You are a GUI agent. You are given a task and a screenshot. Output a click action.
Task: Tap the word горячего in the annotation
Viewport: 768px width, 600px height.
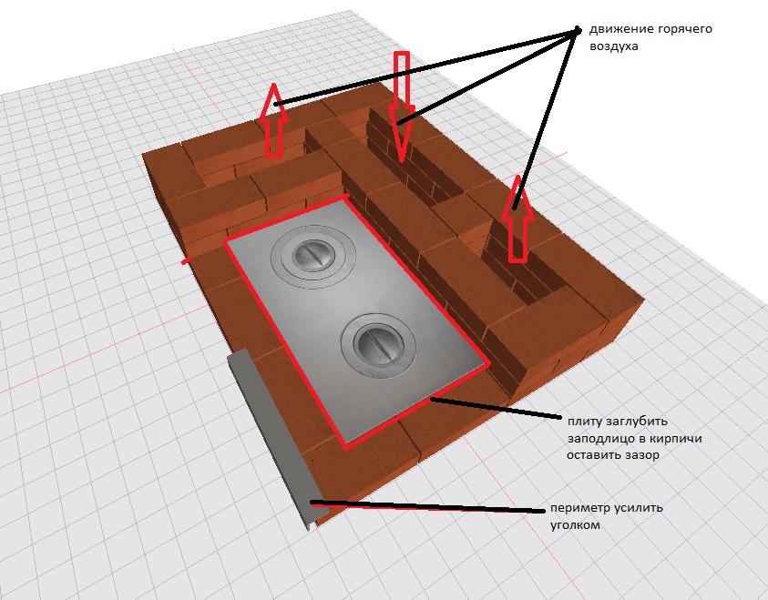tap(685, 30)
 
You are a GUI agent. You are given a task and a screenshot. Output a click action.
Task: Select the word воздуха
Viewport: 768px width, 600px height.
tap(614, 46)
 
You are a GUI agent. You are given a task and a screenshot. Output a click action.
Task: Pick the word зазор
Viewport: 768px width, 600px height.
tap(642, 455)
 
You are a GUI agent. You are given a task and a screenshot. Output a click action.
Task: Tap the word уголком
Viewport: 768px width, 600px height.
tap(575, 525)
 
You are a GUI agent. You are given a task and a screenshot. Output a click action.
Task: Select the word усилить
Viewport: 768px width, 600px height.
tap(638, 508)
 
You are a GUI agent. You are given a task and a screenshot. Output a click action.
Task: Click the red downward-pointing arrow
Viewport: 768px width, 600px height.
tap(401, 107)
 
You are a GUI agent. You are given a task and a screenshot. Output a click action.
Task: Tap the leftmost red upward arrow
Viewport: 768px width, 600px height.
tap(273, 121)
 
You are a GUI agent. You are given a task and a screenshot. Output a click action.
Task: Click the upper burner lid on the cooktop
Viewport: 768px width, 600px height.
tap(313, 256)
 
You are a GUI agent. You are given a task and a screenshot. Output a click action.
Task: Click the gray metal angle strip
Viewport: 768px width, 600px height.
tap(273, 435)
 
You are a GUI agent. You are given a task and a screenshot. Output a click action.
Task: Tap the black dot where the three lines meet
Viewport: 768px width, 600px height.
tap(578, 30)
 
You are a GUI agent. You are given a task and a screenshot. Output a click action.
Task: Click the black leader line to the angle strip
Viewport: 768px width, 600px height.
tap(427, 506)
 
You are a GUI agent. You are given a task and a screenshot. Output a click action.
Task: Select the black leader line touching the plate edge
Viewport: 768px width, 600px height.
tap(496, 408)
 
